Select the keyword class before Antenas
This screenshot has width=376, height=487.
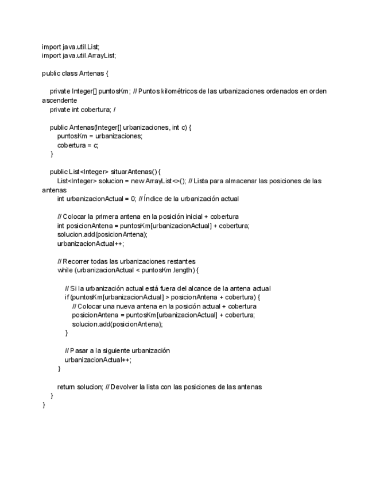pos(69,74)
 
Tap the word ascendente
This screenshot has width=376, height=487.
pos(56,100)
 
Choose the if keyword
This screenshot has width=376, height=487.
pos(67,297)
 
